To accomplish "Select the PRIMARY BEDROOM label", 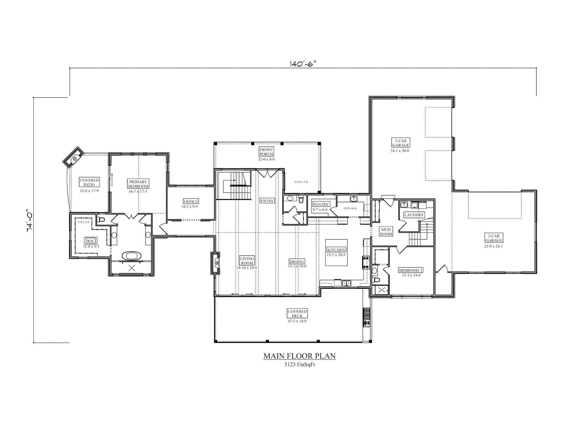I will pyautogui.click(x=138, y=184).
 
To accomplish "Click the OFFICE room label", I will pyautogui.click(x=191, y=202).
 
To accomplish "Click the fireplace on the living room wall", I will pyautogui.click(x=217, y=263).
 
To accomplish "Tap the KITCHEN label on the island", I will pyautogui.click(x=336, y=250).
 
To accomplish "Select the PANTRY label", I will pyautogui.click(x=321, y=204).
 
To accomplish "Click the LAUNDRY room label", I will pyautogui.click(x=414, y=215).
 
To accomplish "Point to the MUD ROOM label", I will pyautogui.click(x=386, y=232).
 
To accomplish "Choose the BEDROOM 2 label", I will pyautogui.click(x=411, y=270).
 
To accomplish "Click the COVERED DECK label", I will pyautogui.click(x=297, y=313).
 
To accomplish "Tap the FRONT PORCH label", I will pyautogui.click(x=266, y=152).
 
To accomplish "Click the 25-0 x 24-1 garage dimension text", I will pyautogui.click(x=493, y=246).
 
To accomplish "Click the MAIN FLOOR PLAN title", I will pyautogui.click(x=299, y=356).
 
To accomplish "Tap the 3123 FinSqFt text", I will pyautogui.click(x=300, y=365).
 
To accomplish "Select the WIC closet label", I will pyautogui.click(x=91, y=241).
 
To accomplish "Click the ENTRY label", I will pyautogui.click(x=267, y=201).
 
